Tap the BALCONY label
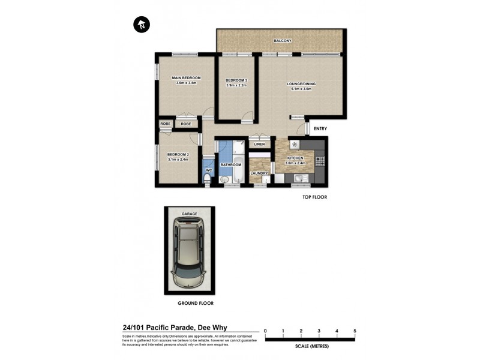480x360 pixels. [282, 41]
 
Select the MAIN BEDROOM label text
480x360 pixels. [186, 78]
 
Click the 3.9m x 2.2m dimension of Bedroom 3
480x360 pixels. [236, 85]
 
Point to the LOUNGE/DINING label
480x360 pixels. [301, 84]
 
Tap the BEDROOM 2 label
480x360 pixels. [178, 155]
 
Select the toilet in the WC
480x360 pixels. [208, 178]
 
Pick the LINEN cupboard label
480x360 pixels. [259, 145]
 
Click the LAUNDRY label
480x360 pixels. [259, 173]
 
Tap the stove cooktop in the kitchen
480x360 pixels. [320, 161]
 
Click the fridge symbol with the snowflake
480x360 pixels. [294, 145]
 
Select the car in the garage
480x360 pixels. [188, 253]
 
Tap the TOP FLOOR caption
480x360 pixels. [314, 197]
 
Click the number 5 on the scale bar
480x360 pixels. [355, 331]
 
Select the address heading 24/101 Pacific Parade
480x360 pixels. [175, 328]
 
